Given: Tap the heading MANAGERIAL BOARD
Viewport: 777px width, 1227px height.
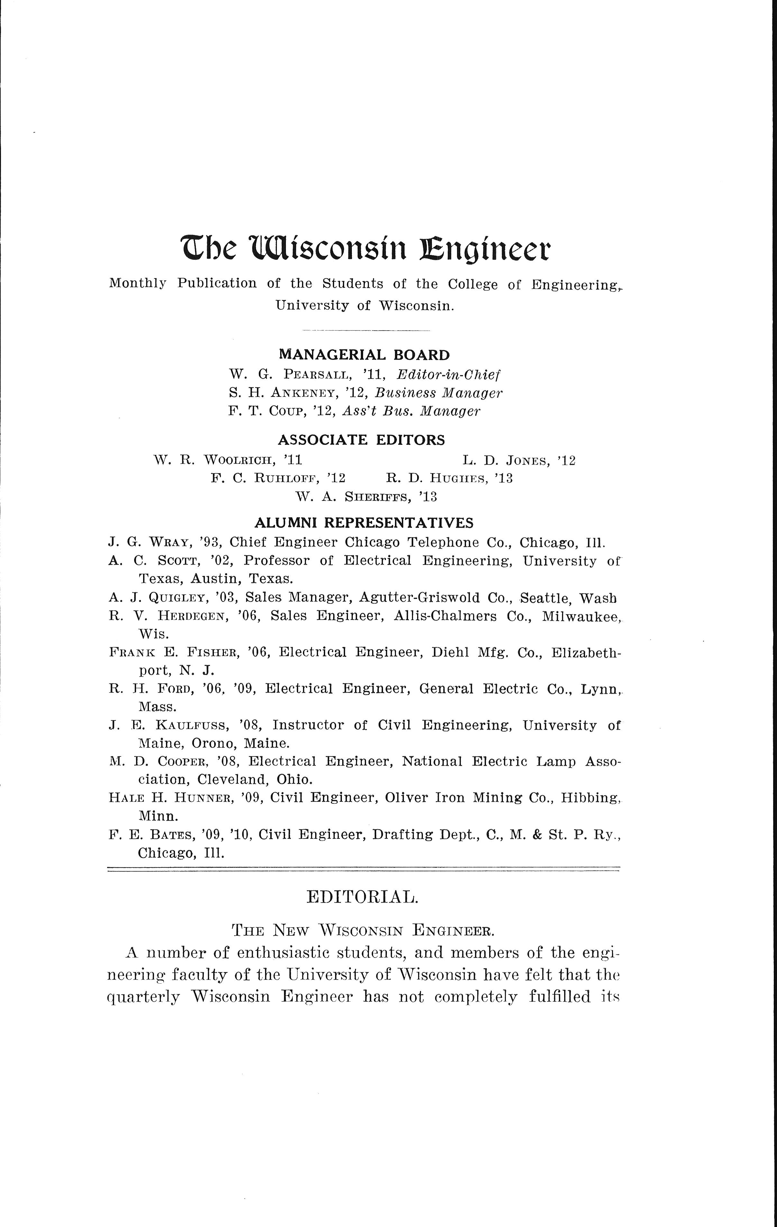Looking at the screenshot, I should tap(364, 355).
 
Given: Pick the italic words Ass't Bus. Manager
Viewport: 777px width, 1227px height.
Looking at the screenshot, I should tap(411, 411).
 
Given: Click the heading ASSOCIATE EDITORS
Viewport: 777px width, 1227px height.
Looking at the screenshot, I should tap(361, 440).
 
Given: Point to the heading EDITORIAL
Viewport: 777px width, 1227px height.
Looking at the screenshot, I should tap(362, 897).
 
